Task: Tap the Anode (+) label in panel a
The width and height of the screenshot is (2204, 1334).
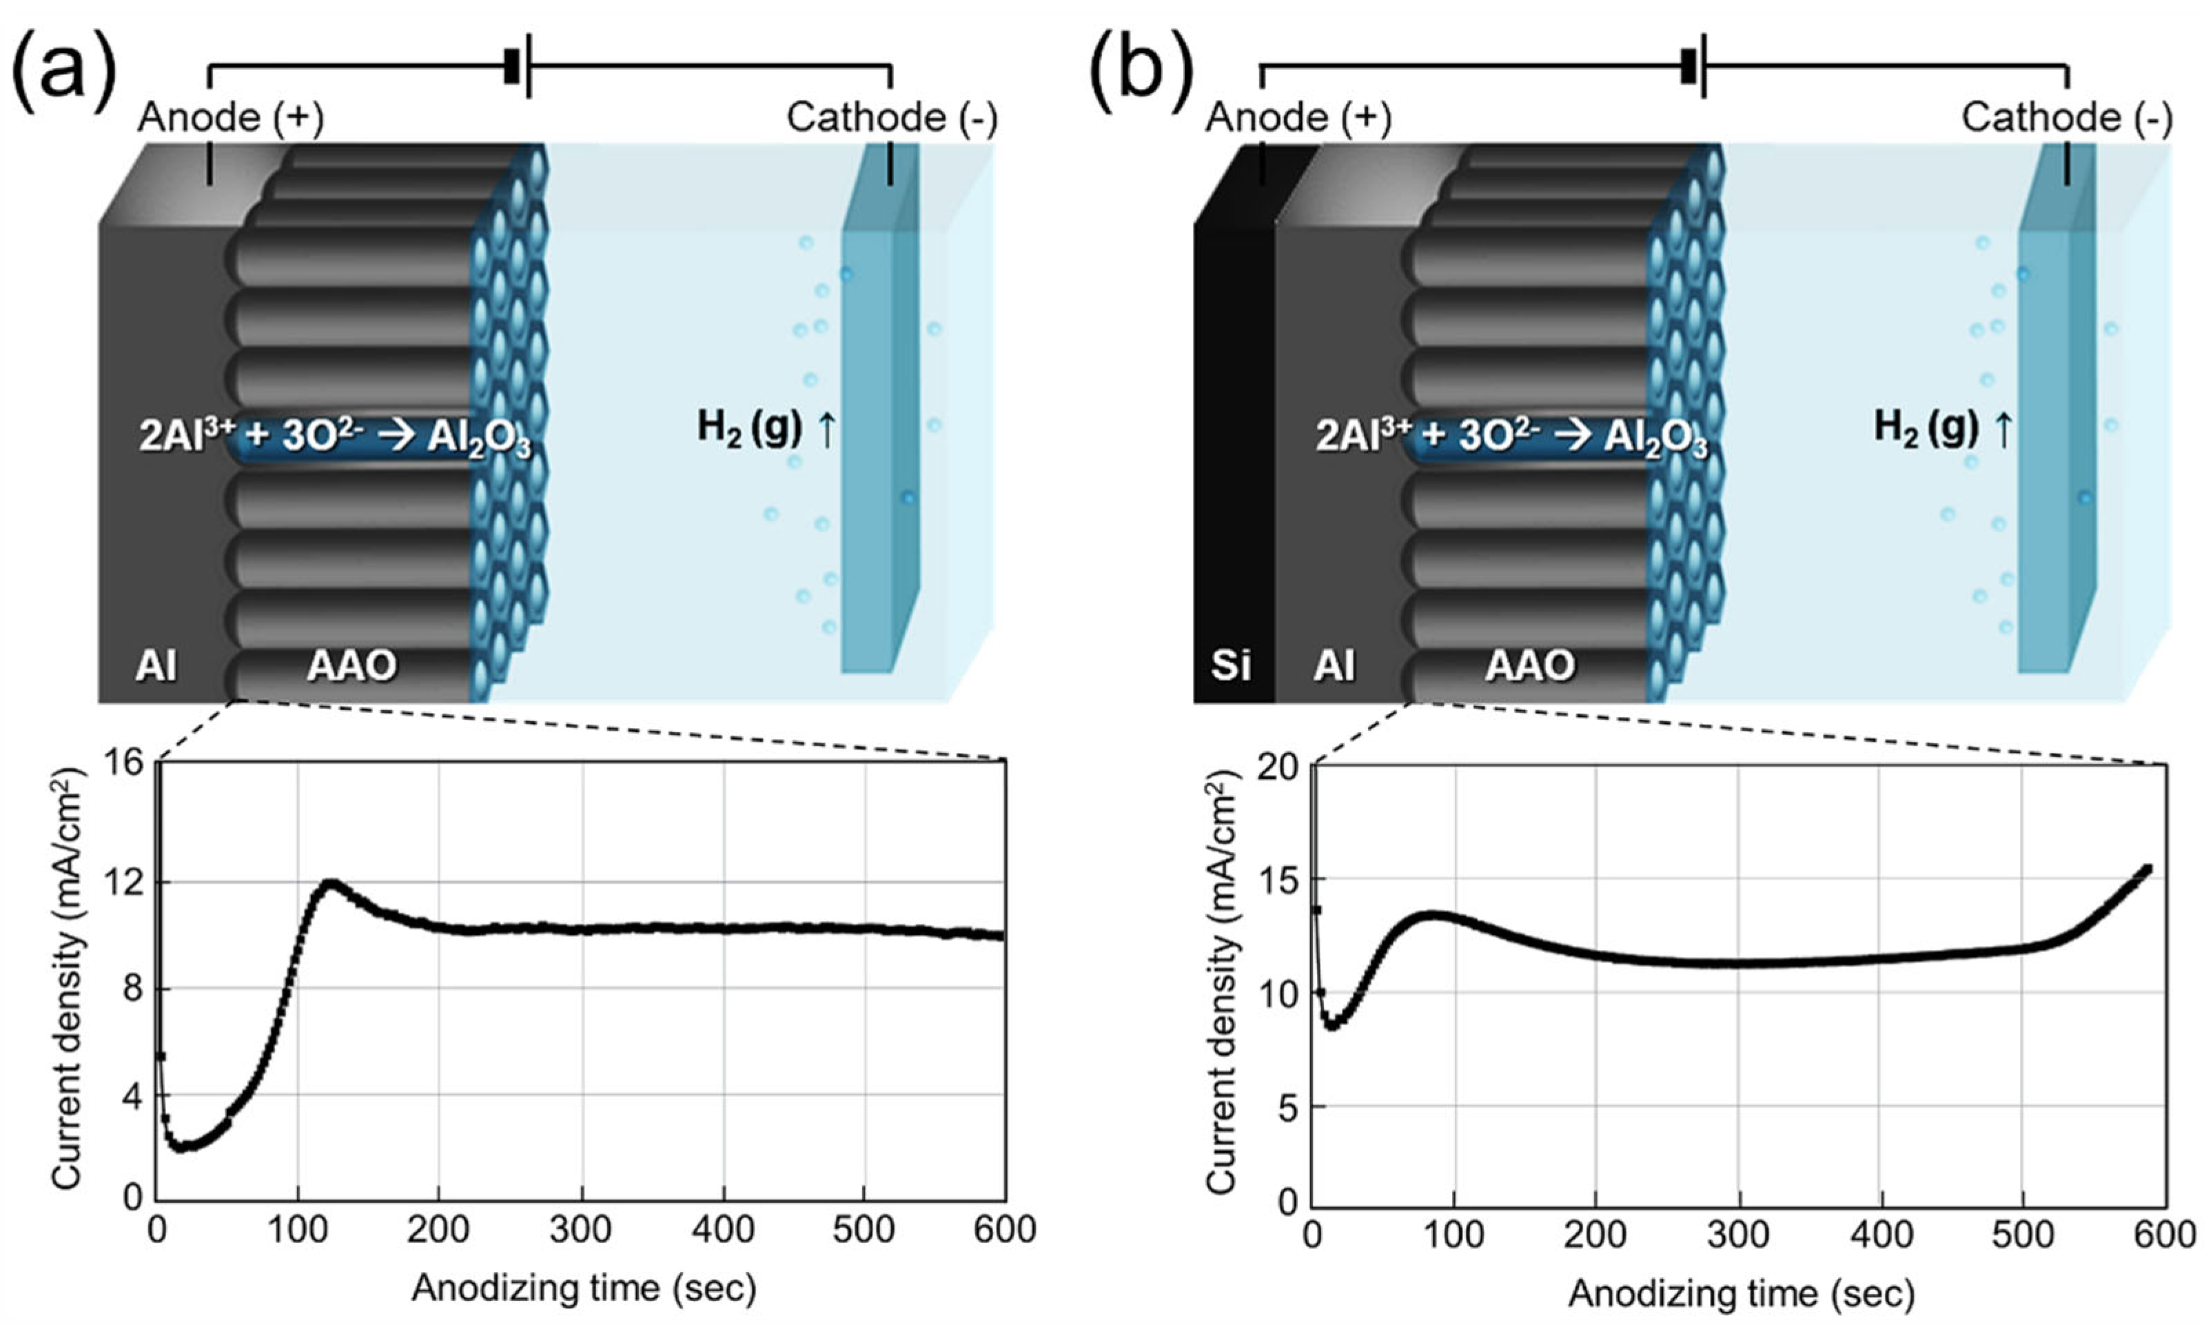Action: coord(231,118)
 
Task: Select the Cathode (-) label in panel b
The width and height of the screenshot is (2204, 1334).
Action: coord(2066,118)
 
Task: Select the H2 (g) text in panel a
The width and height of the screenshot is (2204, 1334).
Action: coord(750,427)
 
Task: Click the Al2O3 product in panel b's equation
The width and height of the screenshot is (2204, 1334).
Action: coord(1655,438)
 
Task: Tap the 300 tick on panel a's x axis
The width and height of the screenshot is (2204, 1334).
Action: coord(582,1230)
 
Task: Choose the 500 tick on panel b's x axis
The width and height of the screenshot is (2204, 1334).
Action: coord(2023,1235)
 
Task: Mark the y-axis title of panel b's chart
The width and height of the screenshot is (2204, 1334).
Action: coord(1222,984)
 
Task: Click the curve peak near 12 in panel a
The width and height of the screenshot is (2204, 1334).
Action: coord(331,883)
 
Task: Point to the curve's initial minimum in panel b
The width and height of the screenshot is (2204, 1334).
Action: coord(1333,1025)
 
